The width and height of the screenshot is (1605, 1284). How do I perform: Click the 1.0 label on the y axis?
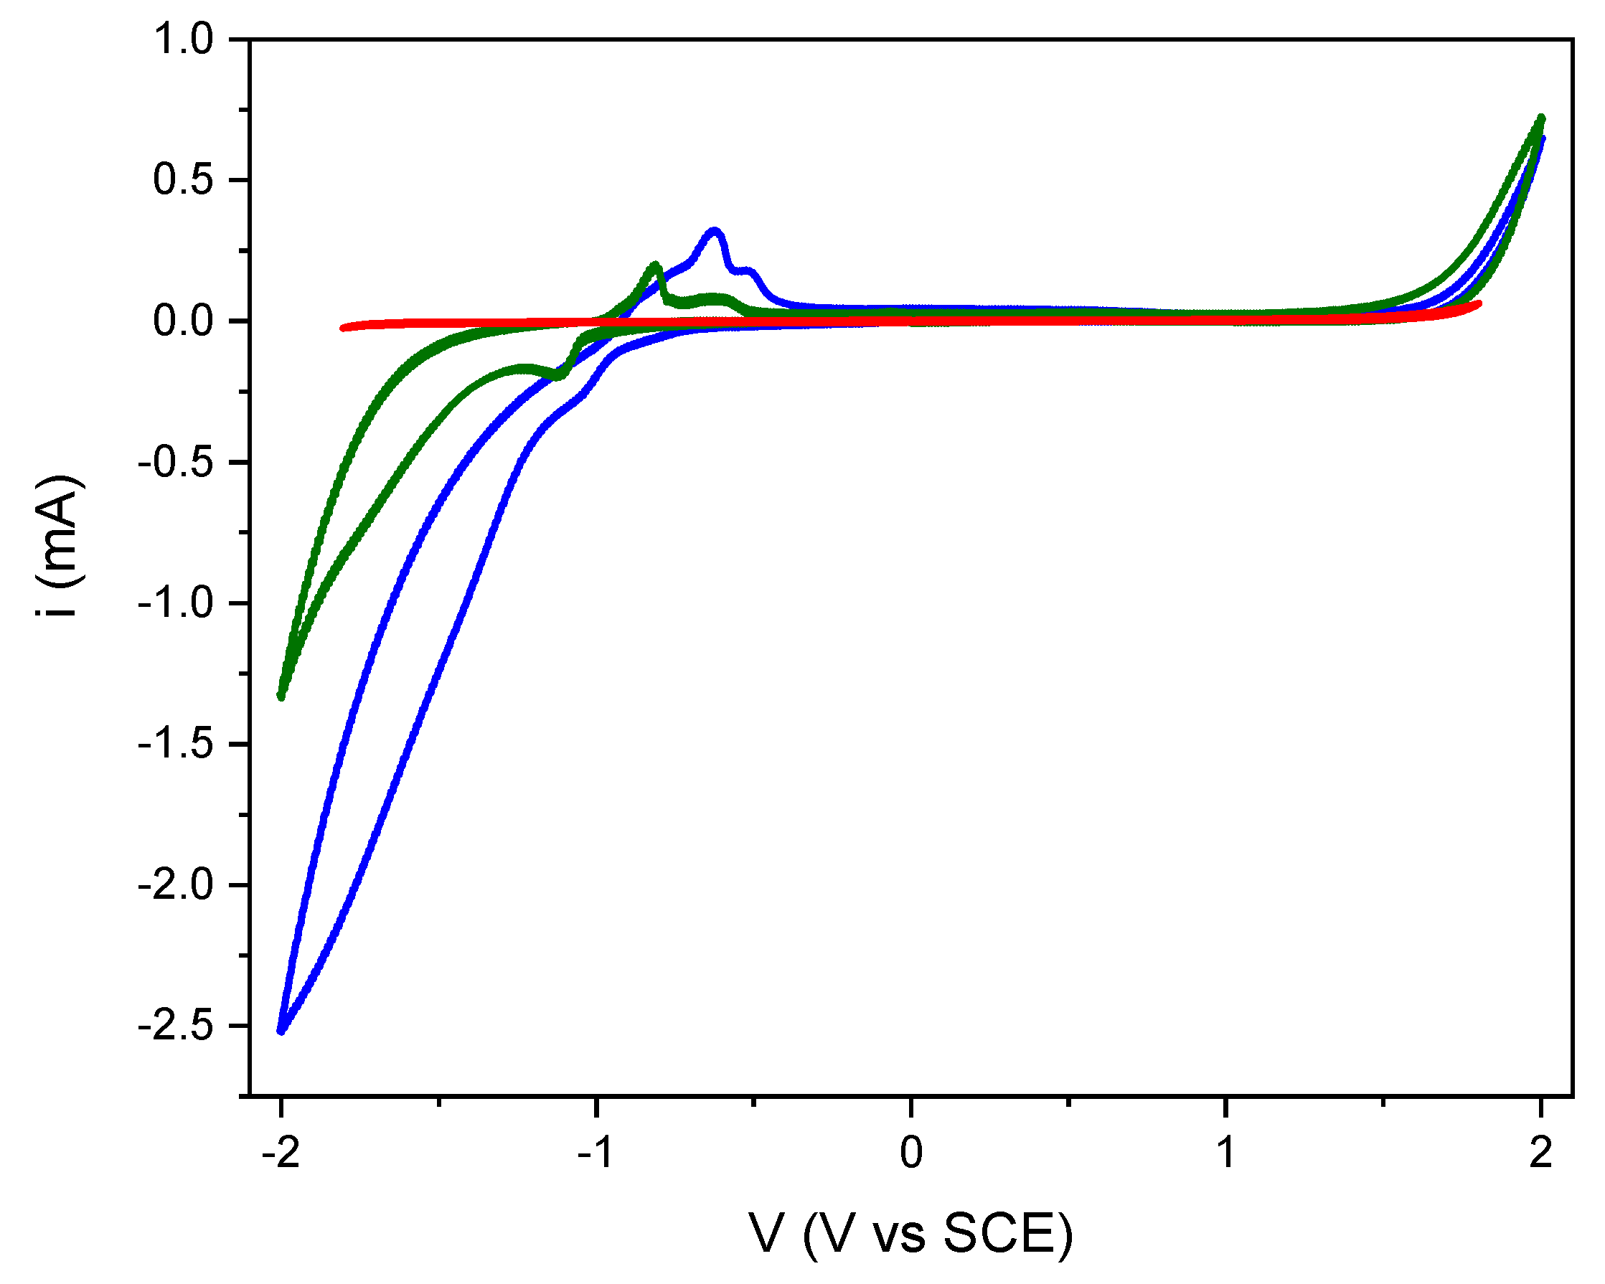tap(183, 39)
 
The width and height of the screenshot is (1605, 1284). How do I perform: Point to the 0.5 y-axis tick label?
tap(183, 179)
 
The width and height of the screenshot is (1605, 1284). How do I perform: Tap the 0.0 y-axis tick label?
tap(183, 321)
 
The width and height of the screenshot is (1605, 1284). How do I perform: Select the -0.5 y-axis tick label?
tap(175, 462)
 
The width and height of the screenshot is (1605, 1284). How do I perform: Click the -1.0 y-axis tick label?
tap(175, 603)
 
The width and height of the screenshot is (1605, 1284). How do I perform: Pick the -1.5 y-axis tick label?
tap(175, 745)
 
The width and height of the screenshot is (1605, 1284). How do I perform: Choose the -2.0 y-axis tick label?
tap(175, 885)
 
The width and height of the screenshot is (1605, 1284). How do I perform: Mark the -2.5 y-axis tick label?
tap(175, 1026)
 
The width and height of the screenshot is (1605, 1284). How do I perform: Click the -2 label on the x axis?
tap(281, 1153)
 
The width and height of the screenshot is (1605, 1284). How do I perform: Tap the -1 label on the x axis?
tap(596, 1153)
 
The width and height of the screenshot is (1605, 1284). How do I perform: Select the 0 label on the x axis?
tap(911, 1153)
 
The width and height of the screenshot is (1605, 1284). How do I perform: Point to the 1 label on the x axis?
tap(1226, 1153)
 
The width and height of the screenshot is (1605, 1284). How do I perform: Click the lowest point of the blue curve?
tap(281, 1031)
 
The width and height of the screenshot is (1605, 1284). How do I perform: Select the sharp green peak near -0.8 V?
tap(655, 265)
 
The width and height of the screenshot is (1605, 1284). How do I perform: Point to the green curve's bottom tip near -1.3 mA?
tap(281, 696)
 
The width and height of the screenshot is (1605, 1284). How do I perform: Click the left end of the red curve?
tap(344, 328)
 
